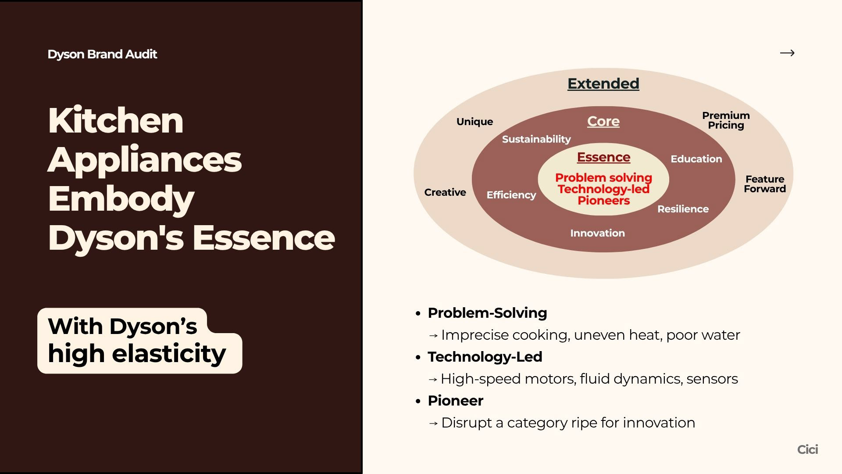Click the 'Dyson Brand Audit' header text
point(102,54)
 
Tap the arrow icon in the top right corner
point(787,53)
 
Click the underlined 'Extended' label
point(603,83)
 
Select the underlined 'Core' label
point(603,121)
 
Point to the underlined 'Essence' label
point(603,157)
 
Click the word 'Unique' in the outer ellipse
point(475,122)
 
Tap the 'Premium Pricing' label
point(726,120)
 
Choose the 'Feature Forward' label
point(765,184)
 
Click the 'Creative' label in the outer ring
point(445,192)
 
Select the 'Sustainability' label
point(536,139)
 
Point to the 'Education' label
point(696,159)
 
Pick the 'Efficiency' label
point(511,195)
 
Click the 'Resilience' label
point(683,209)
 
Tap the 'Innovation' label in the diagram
point(597,233)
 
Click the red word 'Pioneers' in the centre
point(603,201)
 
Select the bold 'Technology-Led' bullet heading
point(485,357)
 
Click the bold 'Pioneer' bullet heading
point(455,401)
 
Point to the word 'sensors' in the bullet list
point(712,379)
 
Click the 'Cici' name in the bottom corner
point(807,449)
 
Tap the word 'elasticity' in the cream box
point(169,353)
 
